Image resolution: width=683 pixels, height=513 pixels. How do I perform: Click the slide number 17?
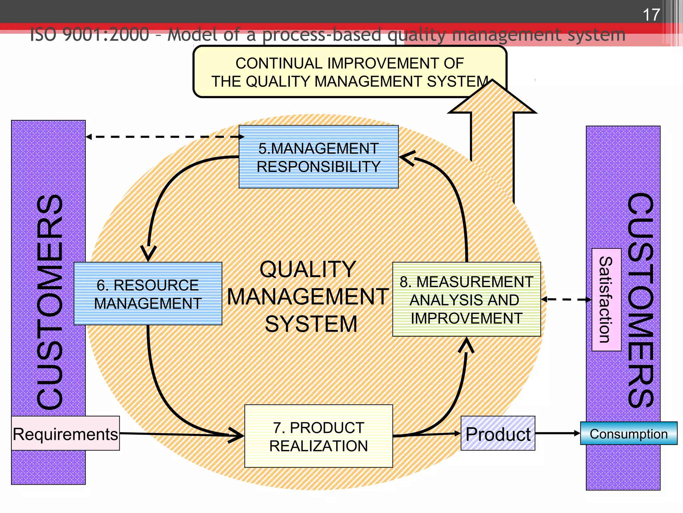click(651, 15)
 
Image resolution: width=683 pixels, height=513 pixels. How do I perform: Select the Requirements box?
click(65, 434)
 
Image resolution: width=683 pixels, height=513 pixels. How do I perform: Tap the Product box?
click(498, 434)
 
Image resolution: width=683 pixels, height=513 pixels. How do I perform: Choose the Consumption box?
click(629, 434)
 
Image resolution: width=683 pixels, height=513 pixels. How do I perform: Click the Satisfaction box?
click(606, 300)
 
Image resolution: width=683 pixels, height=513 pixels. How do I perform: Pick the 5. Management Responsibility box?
click(318, 157)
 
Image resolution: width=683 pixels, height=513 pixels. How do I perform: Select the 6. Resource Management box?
click(148, 294)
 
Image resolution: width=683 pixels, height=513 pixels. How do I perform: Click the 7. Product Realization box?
click(318, 436)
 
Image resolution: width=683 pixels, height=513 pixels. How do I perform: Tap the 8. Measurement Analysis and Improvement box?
click(466, 300)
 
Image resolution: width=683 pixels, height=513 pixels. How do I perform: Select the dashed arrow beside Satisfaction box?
click(566, 300)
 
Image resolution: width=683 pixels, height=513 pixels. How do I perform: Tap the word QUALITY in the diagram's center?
click(307, 269)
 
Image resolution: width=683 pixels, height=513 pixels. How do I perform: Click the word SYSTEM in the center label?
click(311, 324)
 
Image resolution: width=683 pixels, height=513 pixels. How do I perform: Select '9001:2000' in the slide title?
click(106, 35)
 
